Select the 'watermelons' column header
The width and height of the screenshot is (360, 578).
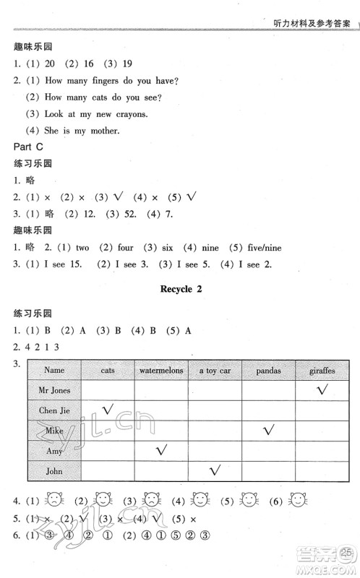point(160,370)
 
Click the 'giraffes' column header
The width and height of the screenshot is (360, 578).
point(322,370)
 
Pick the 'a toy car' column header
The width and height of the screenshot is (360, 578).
point(215,370)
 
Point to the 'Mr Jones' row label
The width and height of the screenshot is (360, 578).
point(53,390)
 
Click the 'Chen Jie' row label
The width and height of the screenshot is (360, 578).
point(53,410)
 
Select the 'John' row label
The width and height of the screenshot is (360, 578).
point(53,471)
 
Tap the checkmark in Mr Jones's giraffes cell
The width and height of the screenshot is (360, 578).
point(319,389)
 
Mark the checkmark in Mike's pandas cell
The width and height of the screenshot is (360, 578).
point(269,430)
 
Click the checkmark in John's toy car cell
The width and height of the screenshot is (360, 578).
point(214,470)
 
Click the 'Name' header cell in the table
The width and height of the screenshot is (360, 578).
point(53,370)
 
